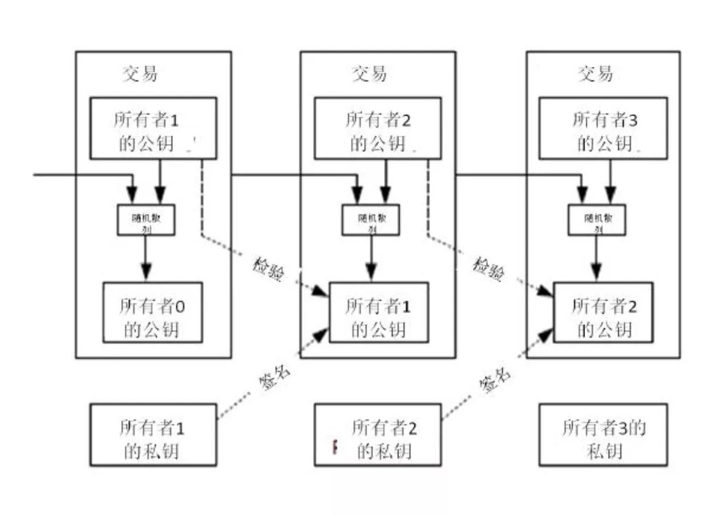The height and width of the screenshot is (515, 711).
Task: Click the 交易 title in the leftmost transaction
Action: pos(140,74)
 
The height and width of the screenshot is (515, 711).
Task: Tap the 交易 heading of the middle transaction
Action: pos(369,74)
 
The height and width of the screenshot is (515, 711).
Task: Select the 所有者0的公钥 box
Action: pos(153,318)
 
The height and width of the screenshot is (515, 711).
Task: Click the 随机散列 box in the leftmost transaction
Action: pos(146,219)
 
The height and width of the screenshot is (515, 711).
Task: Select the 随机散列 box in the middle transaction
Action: pos(371,219)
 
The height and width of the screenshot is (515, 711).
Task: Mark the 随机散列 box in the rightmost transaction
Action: pos(597,219)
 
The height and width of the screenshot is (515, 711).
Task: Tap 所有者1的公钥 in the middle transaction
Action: pos(378,318)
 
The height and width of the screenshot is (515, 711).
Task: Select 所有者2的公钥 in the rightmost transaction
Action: pos(605,318)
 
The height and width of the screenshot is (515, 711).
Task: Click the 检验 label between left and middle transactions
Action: pos(267,269)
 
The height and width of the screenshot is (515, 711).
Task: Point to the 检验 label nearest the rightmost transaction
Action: pos(488,269)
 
